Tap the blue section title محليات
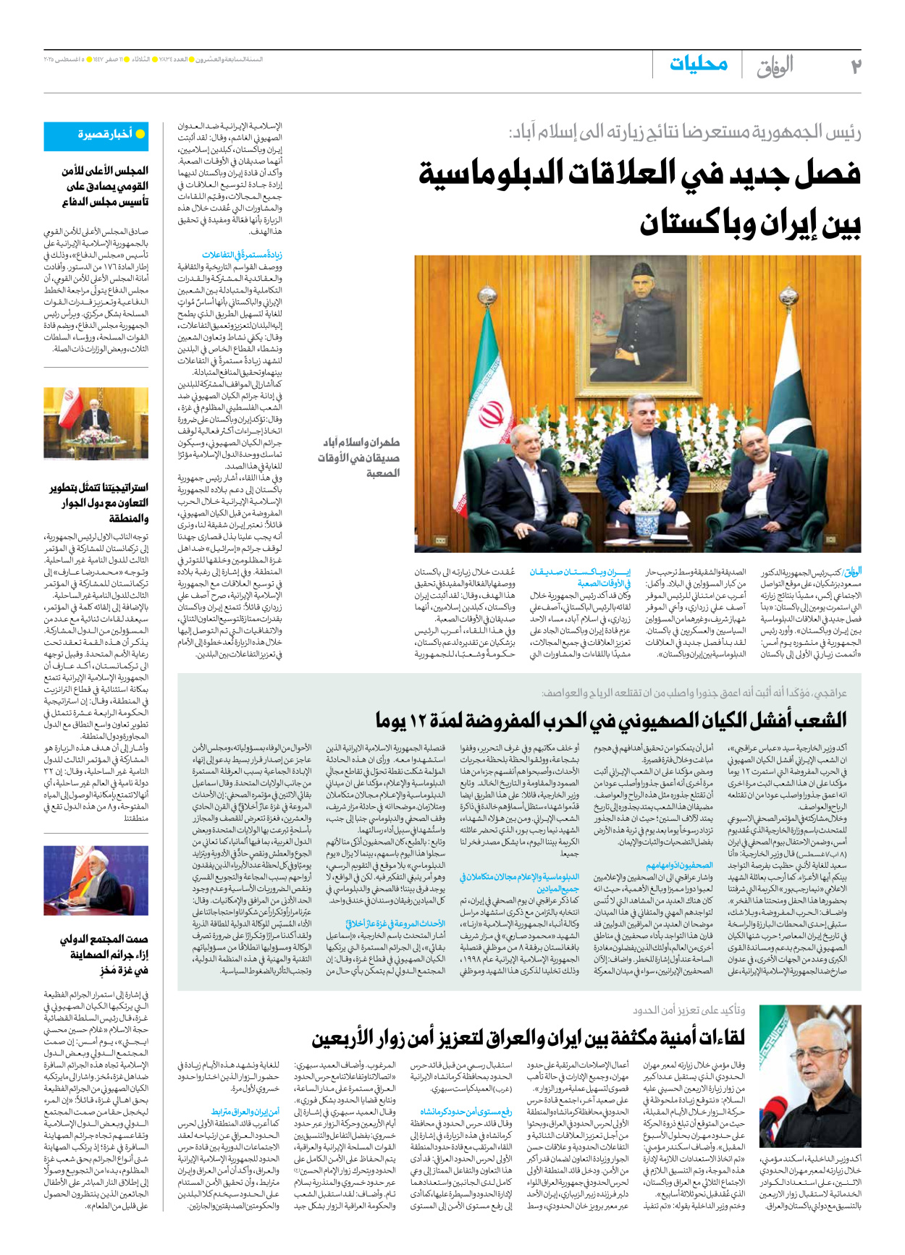(x=698, y=64)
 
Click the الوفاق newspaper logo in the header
(x=775, y=66)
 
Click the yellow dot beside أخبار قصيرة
(x=140, y=134)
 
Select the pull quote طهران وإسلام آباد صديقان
(x=360, y=457)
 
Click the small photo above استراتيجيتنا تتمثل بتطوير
(x=96, y=424)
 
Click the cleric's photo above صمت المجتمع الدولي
(x=96, y=880)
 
